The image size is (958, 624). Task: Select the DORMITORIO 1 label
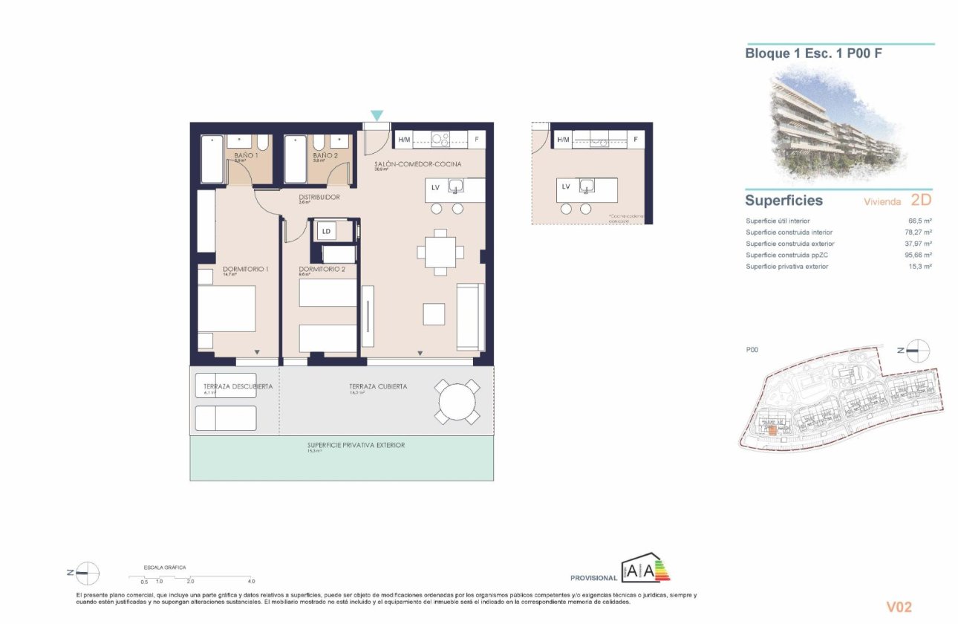pyautogui.click(x=244, y=269)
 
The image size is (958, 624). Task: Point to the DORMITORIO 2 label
pyautogui.click(x=322, y=269)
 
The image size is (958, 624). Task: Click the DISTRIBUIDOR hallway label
pyautogui.click(x=319, y=197)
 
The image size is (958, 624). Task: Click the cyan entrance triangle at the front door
pyautogui.click(x=377, y=115)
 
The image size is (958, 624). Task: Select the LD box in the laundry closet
pyautogui.click(x=325, y=232)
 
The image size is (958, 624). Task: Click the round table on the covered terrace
pyautogui.click(x=457, y=402)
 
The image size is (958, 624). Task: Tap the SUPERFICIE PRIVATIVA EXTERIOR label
pyautogui.click(x=356, y=446)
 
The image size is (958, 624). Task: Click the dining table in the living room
pyautogui.click(x=440, y=251)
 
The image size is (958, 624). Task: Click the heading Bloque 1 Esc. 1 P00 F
pyautogui.click(x=813, y=53)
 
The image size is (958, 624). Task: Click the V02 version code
pyautogui.click(x=899, y=607)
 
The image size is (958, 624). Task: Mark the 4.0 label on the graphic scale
pyautogui.click(x=251, y=581)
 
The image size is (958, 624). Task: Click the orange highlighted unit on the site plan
pyautogui.click(x=772, y=428)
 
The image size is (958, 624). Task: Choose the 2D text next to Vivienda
pyautogui.click(x=920, y=201)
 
